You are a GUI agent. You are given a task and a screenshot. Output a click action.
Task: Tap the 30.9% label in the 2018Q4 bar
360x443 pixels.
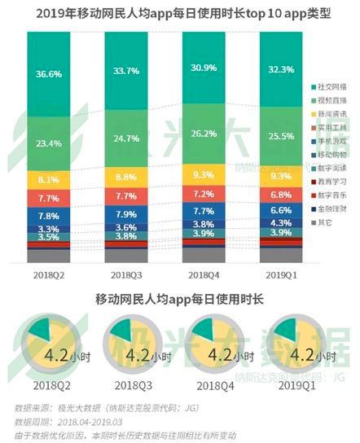[x=203, y=65]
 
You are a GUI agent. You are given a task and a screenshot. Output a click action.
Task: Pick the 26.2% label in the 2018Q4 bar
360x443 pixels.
[x=203, y=134]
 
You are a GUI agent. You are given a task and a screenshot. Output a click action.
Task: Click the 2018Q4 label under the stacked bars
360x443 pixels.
[x=203, y=276]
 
